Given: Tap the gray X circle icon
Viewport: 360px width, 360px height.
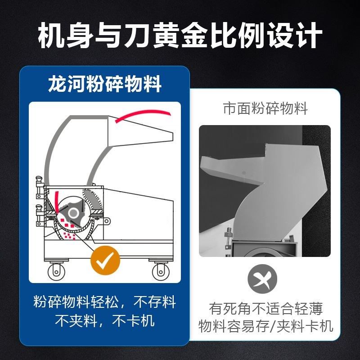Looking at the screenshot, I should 263,279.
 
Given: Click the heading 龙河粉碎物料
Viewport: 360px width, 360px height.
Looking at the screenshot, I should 105,85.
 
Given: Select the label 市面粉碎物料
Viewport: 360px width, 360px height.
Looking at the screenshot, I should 265,109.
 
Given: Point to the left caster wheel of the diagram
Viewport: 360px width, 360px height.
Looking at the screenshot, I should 56,271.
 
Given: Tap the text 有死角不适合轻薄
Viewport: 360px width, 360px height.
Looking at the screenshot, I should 266,309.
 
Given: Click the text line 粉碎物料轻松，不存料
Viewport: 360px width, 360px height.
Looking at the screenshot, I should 105,302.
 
